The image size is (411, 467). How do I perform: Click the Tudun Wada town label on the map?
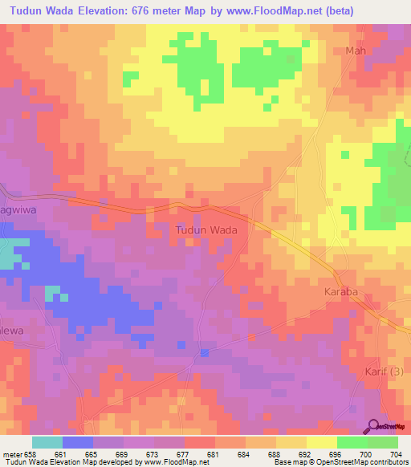[x=205, y=230]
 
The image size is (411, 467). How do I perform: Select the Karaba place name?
[x=340, y=292]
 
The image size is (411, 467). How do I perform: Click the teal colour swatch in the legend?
[x=47, y=442]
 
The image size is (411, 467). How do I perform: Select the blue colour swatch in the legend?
[x=78, y=442]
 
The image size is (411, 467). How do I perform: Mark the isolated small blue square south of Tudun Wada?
[x=205, y=352]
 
